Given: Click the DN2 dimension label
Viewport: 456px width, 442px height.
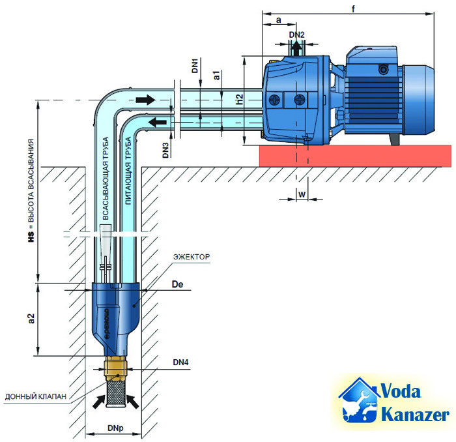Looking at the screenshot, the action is (296, 35).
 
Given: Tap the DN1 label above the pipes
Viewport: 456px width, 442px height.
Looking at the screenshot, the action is (195, 66).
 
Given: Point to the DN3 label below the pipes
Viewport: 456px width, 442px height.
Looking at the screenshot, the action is (165, 150).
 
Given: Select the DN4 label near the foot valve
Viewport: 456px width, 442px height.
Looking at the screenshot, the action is (180, 362).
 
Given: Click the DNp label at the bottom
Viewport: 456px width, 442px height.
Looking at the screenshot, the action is (115, 428).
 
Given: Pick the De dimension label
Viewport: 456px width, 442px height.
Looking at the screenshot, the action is (177, 284).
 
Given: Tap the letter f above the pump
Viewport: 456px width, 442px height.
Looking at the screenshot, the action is (353, 9).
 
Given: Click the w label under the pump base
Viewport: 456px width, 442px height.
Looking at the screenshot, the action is (302, 194).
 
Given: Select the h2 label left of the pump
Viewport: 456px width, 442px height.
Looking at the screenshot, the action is (239, 99).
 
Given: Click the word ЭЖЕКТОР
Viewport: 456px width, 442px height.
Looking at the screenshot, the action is (192, 257).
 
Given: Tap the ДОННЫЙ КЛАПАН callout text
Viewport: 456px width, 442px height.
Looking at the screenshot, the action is (35, 396).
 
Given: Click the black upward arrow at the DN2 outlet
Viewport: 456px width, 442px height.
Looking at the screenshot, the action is (296, 48).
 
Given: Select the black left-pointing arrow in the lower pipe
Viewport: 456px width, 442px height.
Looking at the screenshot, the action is (158, 122).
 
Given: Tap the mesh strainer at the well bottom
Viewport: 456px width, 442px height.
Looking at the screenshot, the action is (117, 393).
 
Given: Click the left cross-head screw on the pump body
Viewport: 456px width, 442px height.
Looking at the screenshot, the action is (275, 100).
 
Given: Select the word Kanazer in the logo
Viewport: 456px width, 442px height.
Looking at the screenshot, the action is (416, 415).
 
